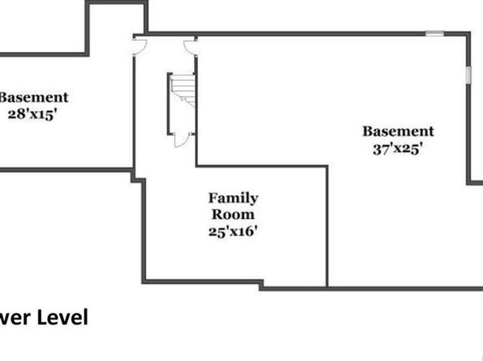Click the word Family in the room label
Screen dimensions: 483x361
click(x=233, y=198)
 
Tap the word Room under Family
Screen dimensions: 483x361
click(x=233, y=214)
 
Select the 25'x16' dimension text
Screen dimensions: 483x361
click(x=233, y=231)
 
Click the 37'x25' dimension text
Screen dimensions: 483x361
click(x=397, y=149)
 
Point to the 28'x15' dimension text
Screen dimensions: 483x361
click(x=32, y=114)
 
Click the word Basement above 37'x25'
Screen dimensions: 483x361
click(x=398, y=131)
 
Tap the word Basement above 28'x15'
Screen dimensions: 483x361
click(x=33, y=98)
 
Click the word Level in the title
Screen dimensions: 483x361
click(x=62, y=317)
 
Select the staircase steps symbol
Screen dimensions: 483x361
click(x=183, y=91)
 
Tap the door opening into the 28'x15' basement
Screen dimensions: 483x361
click(x=139, y=46)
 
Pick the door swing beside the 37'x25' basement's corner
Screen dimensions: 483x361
click(x=190, y=47)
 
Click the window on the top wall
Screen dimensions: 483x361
click(x=434, y=33)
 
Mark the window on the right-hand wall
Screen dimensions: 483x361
click(x=468, y=74)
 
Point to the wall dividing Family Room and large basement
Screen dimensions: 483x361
click(x=327, y=226)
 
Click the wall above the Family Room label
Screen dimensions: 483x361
click(x=262, y=167)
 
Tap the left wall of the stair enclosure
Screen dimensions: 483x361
click(x=169, y=104)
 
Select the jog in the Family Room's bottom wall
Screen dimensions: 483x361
click(x=261, y=285)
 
